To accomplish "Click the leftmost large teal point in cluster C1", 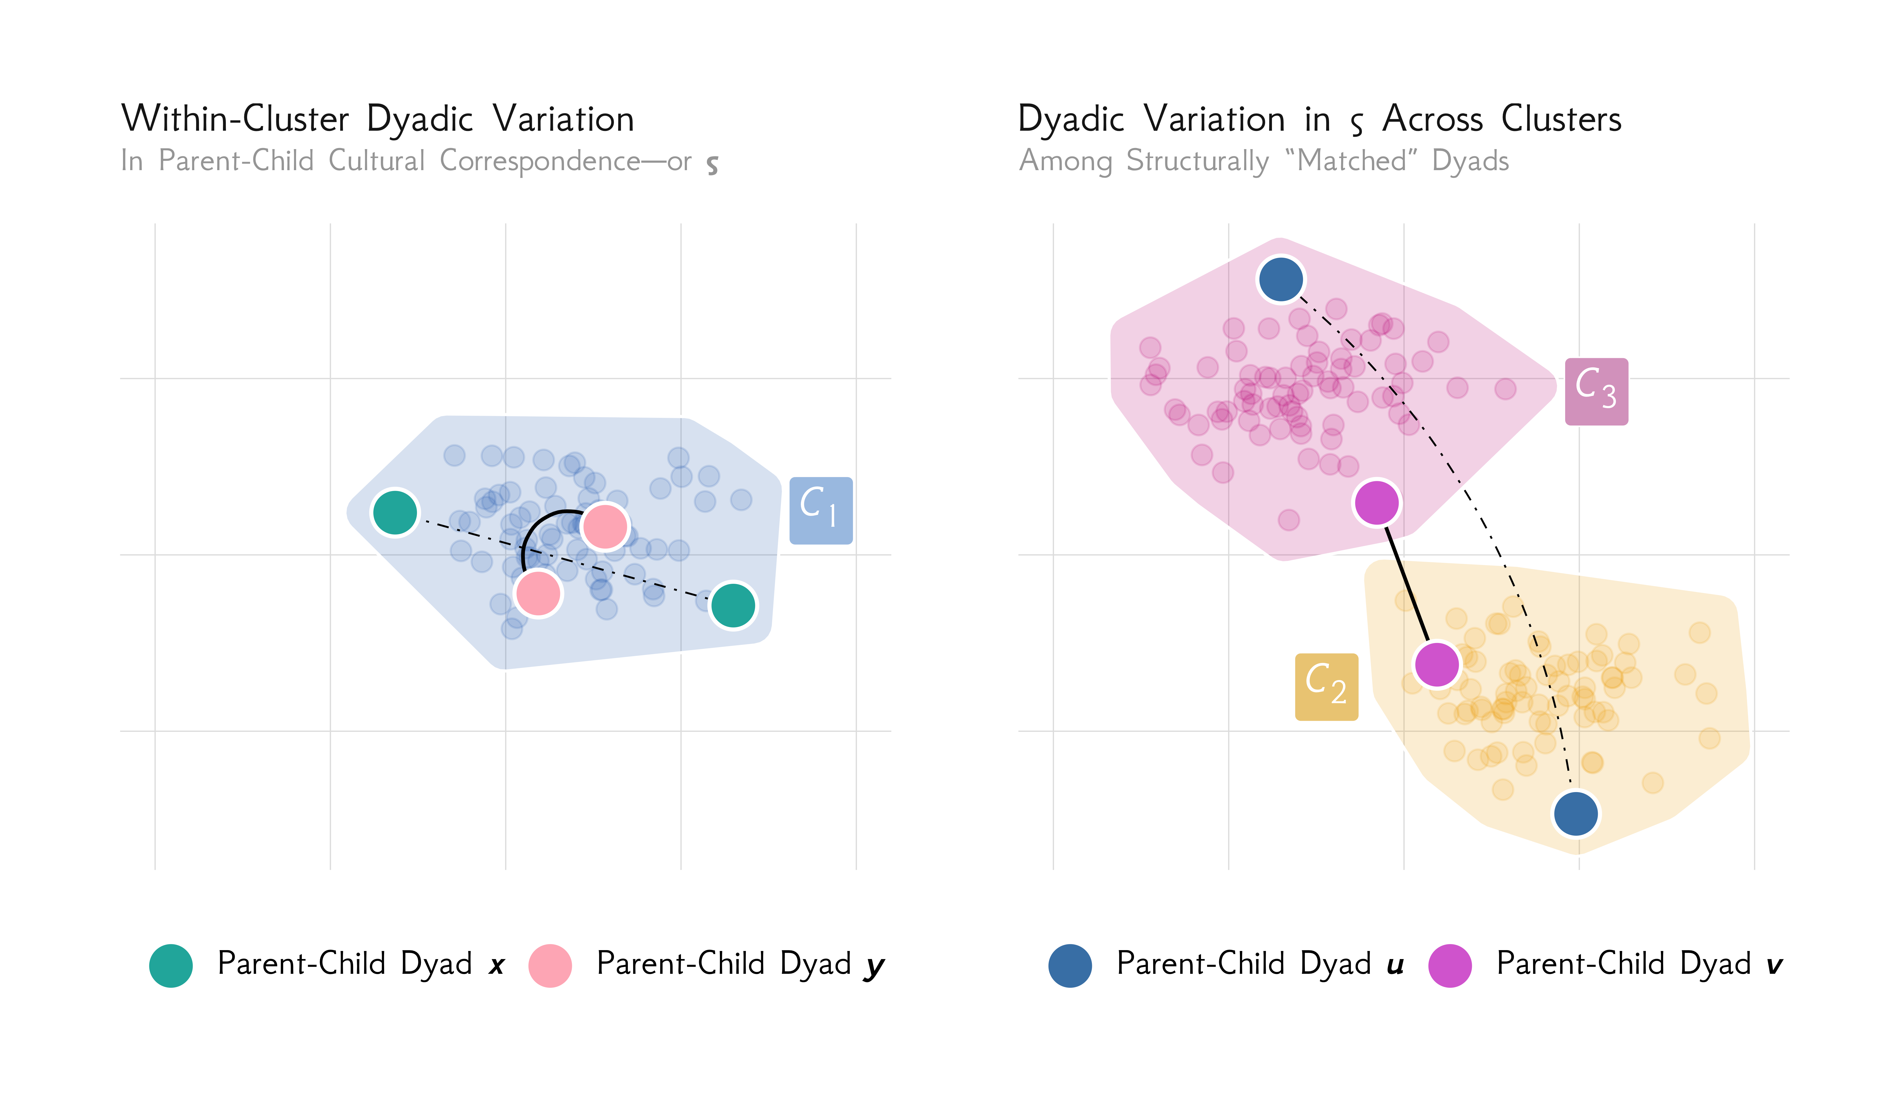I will [394, 513].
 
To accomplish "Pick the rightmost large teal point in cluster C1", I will [732, 605].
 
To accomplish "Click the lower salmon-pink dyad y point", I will [538, 593].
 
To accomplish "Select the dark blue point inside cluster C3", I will [1281, 279].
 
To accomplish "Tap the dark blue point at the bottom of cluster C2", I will [1575, 813].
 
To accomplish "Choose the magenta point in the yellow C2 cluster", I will [1436, 664].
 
